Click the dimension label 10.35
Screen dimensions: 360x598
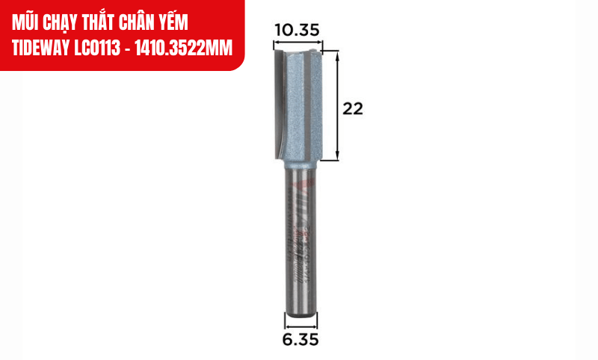tap(297, 30)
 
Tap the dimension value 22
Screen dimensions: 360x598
tap(352, 108)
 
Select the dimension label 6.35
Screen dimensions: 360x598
tap(301, 341)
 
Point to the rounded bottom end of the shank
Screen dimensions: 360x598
tap(301, 313)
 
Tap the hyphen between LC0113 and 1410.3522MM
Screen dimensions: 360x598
tap(139, 49)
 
